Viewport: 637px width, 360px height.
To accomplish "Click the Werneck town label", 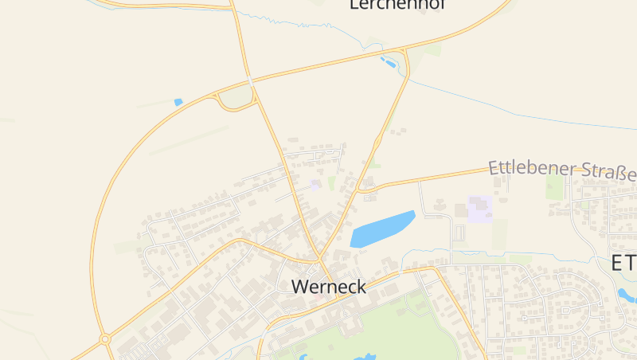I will click(329, 287).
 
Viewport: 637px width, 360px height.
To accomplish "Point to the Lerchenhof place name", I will click(397, 5).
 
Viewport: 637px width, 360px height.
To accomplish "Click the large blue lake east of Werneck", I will click(382, 229).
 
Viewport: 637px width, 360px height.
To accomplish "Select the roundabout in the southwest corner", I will click(104, 339).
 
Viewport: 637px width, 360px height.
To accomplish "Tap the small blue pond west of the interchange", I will click(178, 102).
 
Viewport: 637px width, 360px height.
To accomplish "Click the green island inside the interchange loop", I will click(235, 97).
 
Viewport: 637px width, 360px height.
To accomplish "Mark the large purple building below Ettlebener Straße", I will click(480, 209).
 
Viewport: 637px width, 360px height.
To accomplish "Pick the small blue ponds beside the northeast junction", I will click(389, 61).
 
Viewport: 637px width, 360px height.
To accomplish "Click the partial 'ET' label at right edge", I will click(623, 264).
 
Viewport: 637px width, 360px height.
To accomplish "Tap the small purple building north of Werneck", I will click(315, 185).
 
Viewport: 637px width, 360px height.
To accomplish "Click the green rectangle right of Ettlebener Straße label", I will click(555, 188).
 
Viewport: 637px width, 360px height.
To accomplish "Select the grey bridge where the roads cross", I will click(251, 81).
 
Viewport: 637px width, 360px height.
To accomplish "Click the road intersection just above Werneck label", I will click(318, 260).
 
